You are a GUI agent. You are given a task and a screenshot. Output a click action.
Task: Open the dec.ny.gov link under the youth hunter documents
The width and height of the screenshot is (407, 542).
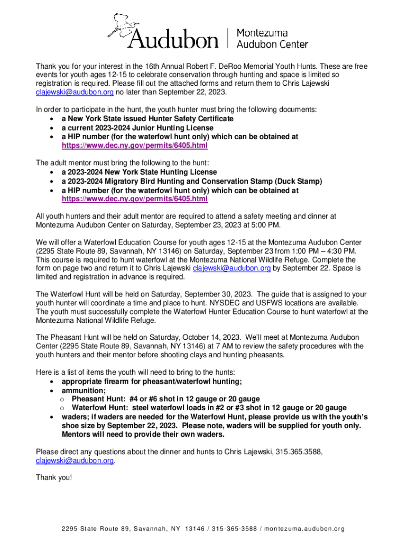point(134,145)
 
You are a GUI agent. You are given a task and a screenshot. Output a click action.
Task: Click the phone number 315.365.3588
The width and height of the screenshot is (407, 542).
point(297,451)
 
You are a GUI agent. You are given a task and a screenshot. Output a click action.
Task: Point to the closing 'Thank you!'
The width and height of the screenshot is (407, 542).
point(53,477)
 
